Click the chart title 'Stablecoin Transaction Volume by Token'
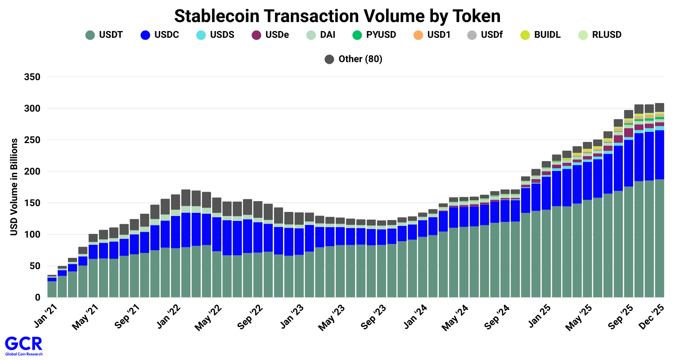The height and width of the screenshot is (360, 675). click(337, 16)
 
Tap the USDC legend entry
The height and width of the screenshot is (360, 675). click(160, 35)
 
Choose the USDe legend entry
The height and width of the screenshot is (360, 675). click(270, 35)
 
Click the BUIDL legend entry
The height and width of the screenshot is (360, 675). click(540, 35)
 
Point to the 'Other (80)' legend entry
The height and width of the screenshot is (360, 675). click(354, 59)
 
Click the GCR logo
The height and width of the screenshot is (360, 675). click(23, 346)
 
